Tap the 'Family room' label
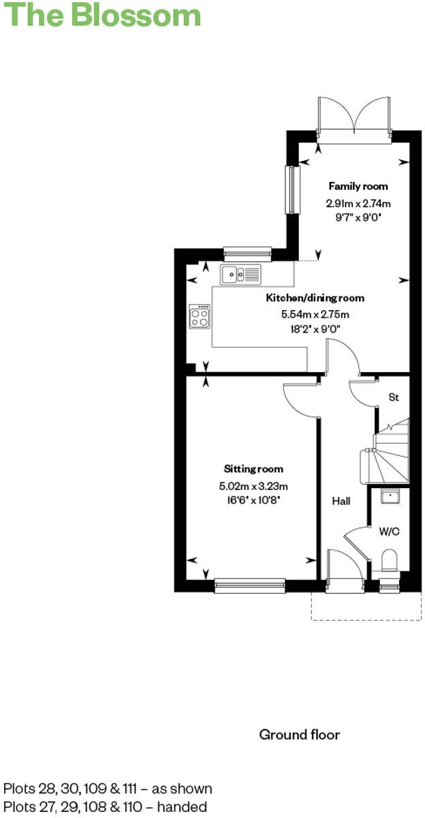[x=358, y=186]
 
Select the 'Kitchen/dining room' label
[x=315, y=298]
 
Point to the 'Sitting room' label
[x=253, y=469]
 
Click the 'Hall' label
[x=341, y=502]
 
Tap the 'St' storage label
[x=393, y=396]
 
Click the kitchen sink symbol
[x=240, y=275]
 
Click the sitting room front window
[x=249, y=583]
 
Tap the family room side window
[x=293, y=189]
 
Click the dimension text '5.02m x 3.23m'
[x=253, y=487]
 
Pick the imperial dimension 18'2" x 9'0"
[x=315, y=329]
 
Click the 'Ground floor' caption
[x=299, y=734]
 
